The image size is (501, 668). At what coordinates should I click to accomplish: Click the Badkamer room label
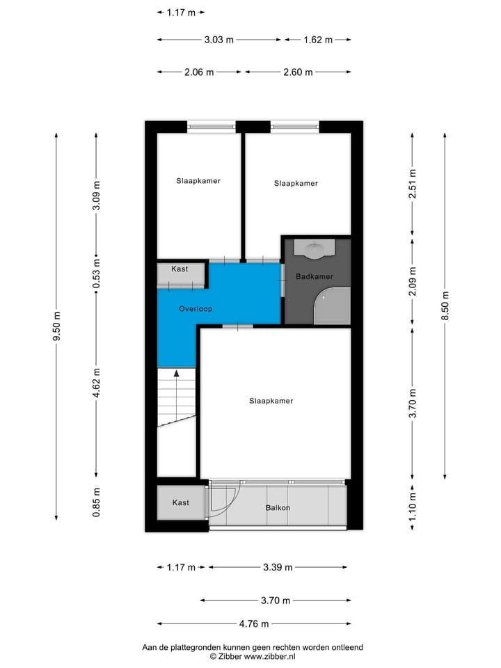coord(315,276)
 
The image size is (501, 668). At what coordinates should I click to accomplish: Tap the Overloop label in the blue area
coord(195,308)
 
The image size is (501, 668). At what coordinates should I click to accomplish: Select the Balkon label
coord(278,507)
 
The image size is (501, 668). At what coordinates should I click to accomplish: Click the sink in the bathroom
coord(315,248)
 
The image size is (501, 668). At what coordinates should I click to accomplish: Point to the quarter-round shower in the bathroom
coord(332,308)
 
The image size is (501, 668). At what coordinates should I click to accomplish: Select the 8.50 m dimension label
coord(445,305)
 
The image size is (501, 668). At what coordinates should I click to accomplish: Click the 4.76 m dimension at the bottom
coord(254,623)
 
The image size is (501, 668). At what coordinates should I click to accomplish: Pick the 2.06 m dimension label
coord(199,72)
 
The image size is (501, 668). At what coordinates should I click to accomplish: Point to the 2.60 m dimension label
coord(298,72)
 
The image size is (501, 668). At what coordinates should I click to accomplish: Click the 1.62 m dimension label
coord(318,40)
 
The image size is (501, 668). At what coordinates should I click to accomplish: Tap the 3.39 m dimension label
coord(278,567)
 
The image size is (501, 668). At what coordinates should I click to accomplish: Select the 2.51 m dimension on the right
coord(413,184)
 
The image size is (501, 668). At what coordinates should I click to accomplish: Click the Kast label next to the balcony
coord(181,502)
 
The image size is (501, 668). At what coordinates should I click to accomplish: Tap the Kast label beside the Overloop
coord(180,269)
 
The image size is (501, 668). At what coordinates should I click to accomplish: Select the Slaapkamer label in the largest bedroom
coord(271,401)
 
